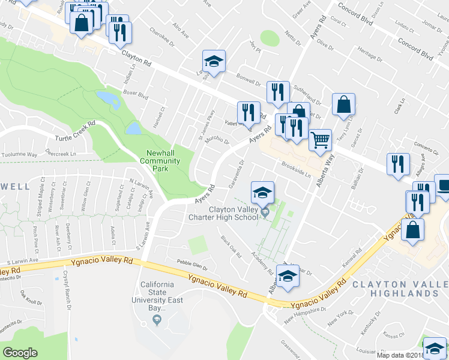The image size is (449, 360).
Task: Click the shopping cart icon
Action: pyautogui.click(x=321, y=140)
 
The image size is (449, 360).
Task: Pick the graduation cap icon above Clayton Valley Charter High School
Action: pyautogui.click(x=262, y=193)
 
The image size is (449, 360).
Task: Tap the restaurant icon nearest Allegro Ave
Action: pyautogui.click(x=397, y=164)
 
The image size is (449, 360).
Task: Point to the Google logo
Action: pyautogui.click(x=20, y=352)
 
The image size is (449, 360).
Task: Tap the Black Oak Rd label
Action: pyautogui.click(x=231, y=247)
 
